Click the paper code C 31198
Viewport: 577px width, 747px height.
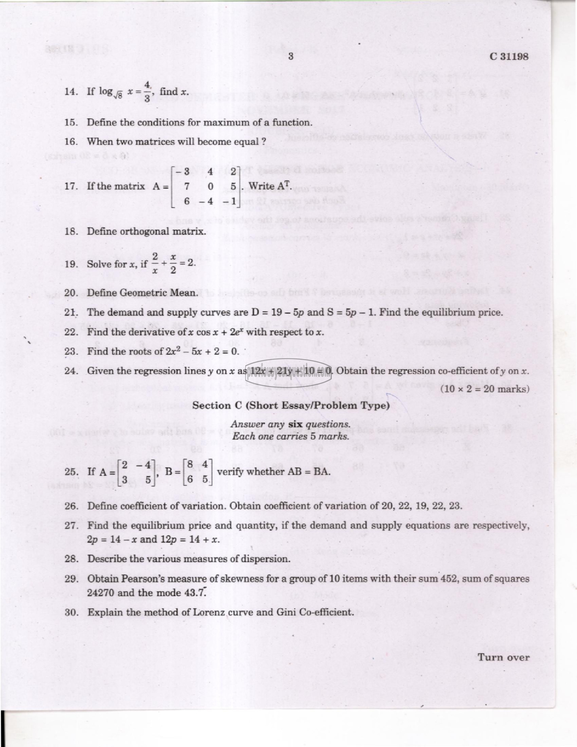509,57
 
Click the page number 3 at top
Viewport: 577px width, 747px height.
291,57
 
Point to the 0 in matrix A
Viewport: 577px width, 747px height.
211,186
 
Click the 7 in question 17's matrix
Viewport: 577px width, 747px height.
187,186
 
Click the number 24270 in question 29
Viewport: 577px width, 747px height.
100,593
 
